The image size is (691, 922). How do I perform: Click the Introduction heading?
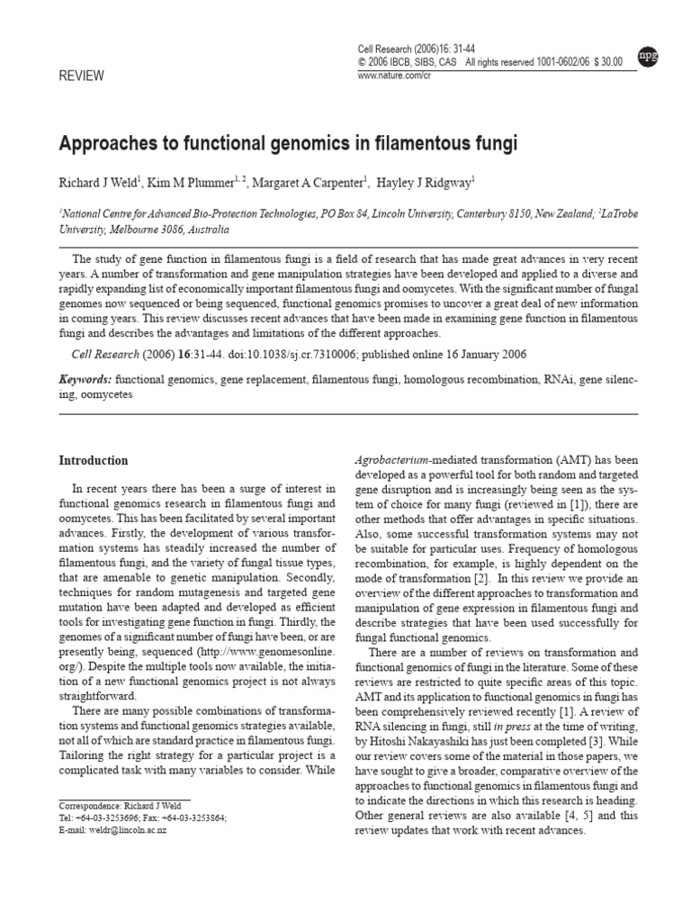(94, 461)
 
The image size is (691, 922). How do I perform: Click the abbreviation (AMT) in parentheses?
(561, 458)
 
